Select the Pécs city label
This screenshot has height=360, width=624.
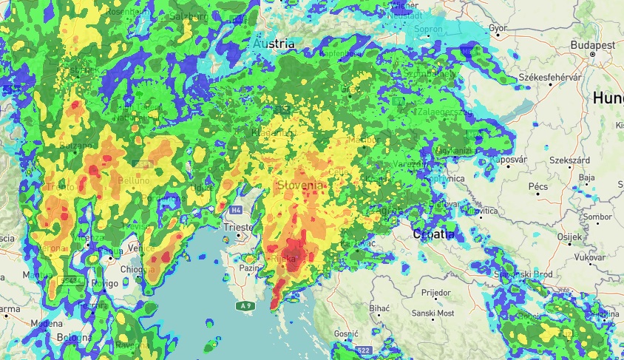(537, 187)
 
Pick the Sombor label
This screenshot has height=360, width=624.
(597, 217)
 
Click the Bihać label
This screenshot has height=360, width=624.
(379, 307)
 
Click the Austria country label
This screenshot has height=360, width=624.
(274, 44)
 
